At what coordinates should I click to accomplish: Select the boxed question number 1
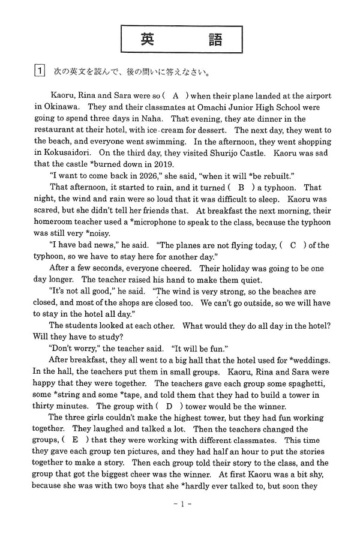pyautogui.click(x=37, y=74)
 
